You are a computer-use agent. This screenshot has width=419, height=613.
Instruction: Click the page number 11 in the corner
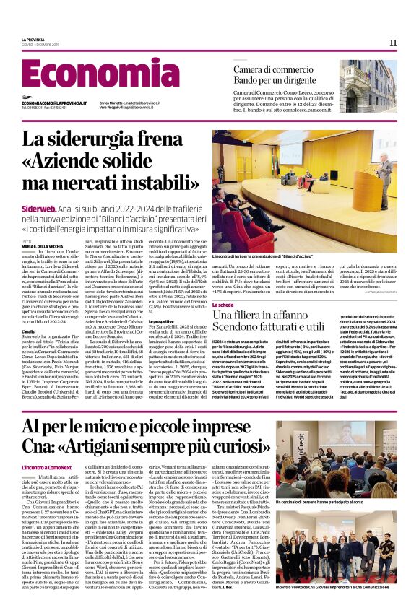pyautogui.click(x=392, y=43)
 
